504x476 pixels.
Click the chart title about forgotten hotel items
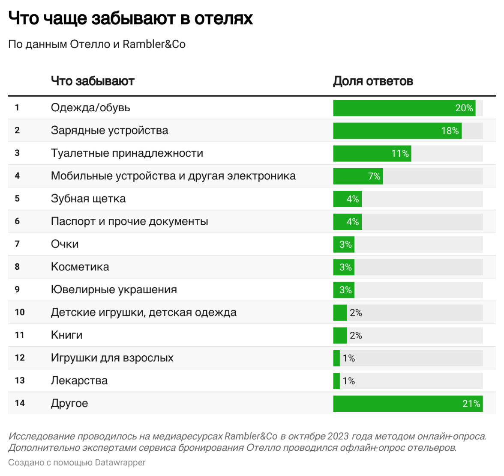point(131,18)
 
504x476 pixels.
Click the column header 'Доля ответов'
point(373,81)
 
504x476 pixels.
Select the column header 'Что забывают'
point(93,81)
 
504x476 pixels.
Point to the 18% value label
point(450,131)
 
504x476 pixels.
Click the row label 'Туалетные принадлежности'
point(127,153)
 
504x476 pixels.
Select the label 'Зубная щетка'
point(88,199)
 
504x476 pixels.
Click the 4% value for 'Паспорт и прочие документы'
point(353,222)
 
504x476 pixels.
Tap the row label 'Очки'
point(65,244)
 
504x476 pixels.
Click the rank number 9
point(17,289)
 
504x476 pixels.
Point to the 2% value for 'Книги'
point(356,335)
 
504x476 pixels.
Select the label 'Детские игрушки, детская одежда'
point(144,312)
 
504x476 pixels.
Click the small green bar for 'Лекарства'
point(336,381)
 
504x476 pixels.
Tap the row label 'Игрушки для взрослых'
point(112,358)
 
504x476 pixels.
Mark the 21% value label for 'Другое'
point(471,404)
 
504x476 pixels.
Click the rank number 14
point(20,403)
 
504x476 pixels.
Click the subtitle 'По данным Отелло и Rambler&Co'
point(97,44)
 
